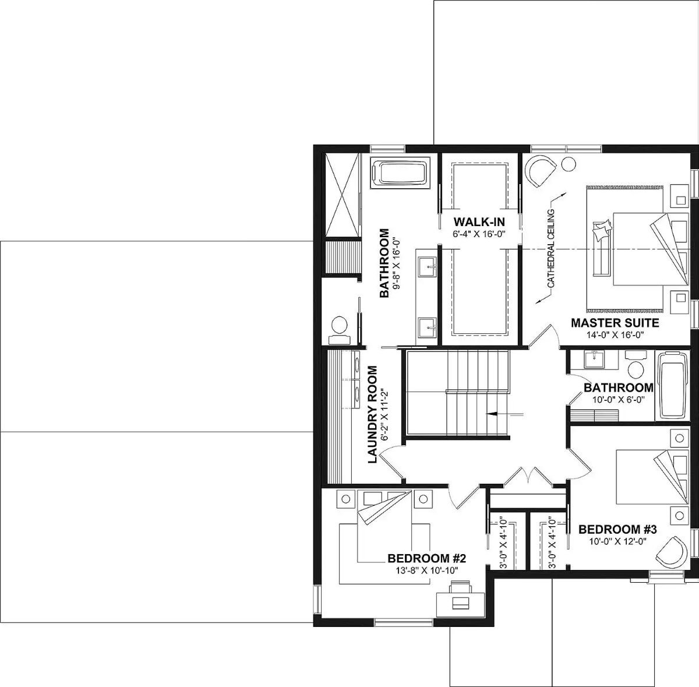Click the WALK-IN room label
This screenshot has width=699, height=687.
click(x=479, y=221)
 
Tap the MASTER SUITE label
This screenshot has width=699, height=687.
click(x=615, y=323)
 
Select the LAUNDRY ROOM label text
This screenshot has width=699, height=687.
click(x=373, y=414)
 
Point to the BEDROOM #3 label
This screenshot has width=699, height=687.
click(x=617, y=530)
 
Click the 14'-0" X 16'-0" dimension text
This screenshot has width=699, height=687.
click(x=615, y=335)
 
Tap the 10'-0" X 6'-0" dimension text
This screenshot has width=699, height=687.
click(x=618, y=399)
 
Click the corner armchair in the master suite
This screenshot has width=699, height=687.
click(x=539, y=170)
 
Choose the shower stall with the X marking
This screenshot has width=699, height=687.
click(x=340, y=194)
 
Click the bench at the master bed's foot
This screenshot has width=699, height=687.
click(x=601, y=250)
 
